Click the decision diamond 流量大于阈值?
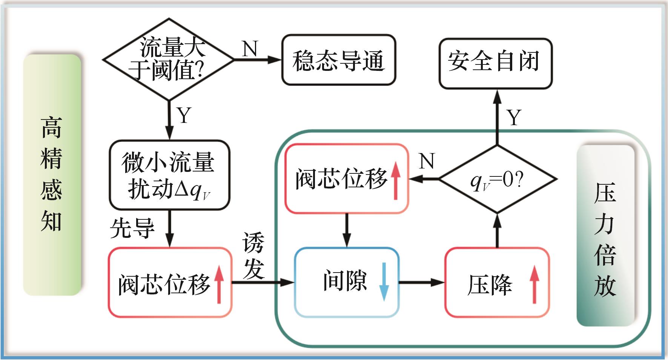coord(169,60)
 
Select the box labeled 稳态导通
coord(338,60)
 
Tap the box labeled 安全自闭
coord(495,63)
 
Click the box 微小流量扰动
coord(169,175)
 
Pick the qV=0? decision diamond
coord(497,179)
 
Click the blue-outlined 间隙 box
coord(346,282)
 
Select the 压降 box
coord(497,282)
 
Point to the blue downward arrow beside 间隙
coord(384,282)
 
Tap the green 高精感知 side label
coord(52,175)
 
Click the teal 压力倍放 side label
coord(605,236)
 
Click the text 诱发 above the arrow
coord(253,256)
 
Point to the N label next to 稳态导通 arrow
coord(250,48)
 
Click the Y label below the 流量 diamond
coord(184,115)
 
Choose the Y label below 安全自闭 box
coord(514,117)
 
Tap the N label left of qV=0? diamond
coord(427,161)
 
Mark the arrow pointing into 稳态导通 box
coord(258,60)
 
